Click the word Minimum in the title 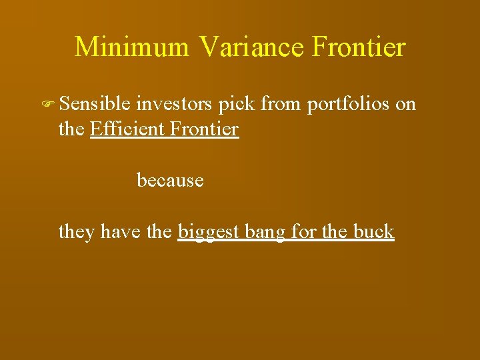click(x=133, y=47)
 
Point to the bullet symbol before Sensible click(x=49, y=105)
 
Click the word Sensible click(x=95, y=104)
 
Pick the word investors click(x=175, y=104)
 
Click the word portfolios click(x=349, y=105)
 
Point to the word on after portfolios click(x=406, y=105)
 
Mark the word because click(x=170, y=180)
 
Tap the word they click(x=77, y=232)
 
